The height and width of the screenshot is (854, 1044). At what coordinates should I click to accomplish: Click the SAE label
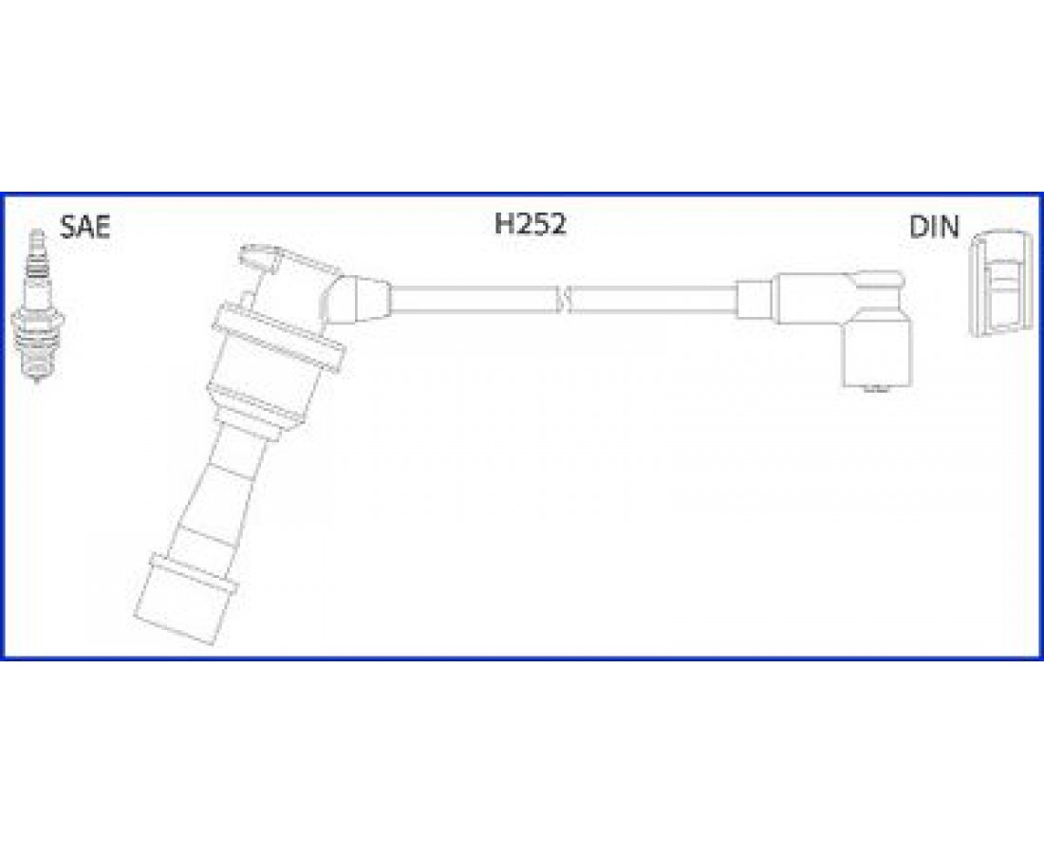click(x=84, y=227)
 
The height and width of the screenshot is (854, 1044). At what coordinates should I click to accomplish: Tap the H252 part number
click(x=530, y=224)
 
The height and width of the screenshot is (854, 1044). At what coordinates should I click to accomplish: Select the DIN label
click(x=934, y=228)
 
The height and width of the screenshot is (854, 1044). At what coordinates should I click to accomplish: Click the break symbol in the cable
click(x=564, y=300)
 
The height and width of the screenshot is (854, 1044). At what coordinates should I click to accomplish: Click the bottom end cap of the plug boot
click(x=184, y=598)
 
